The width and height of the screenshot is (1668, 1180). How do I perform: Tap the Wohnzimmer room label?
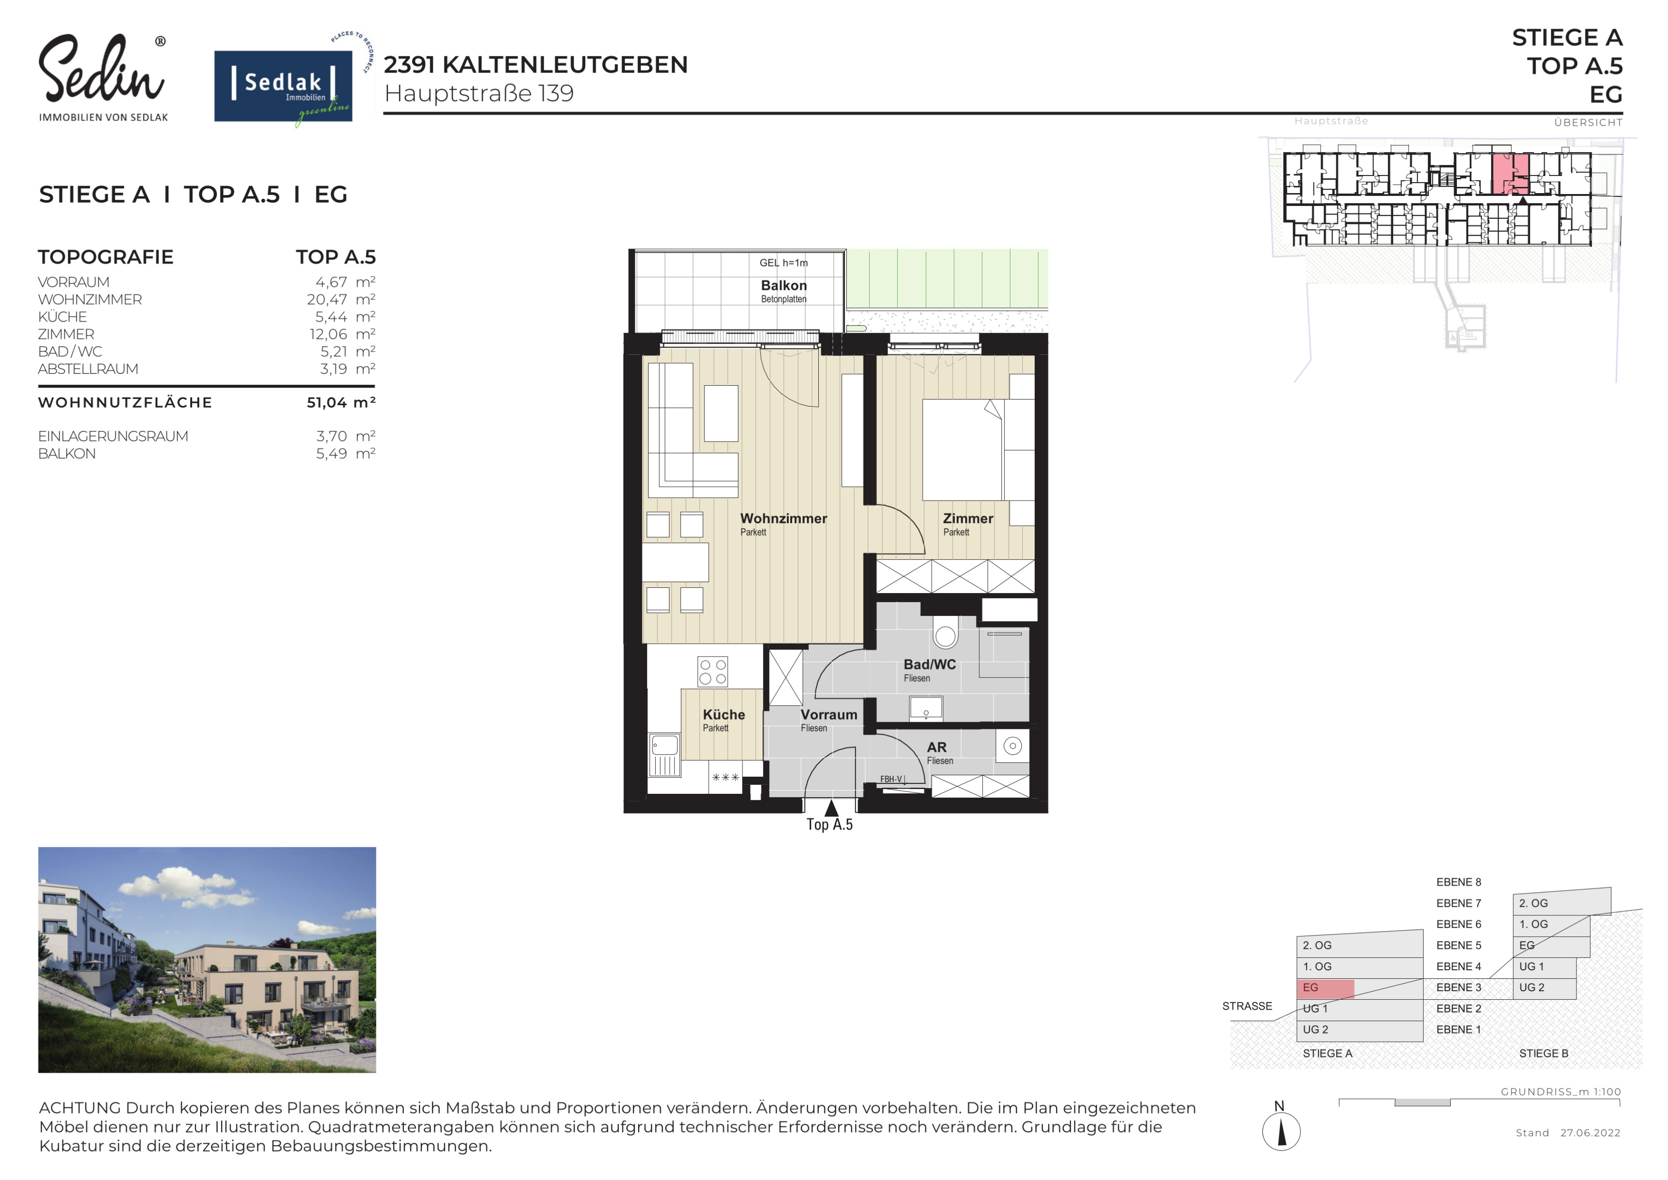(x=783, y=519)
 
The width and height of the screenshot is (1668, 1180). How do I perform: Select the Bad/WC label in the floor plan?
(x=929, y=665)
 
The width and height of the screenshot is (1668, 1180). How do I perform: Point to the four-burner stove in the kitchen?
(x=712, y=671)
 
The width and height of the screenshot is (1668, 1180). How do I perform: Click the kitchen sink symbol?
(x=665, y=746)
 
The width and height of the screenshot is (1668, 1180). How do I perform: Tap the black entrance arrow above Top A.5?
(x=831, y=808)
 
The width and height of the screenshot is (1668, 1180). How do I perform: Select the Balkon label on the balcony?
(x=784, y=286)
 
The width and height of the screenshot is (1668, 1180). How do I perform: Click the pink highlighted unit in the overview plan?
(x=1510, y=173)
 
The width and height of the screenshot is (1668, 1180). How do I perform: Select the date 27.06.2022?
(x=1590, y=1133)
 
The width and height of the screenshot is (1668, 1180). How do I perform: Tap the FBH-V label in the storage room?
(x=891, y=779)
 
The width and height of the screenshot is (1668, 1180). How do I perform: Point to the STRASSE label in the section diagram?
(x=1247, y=1006)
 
